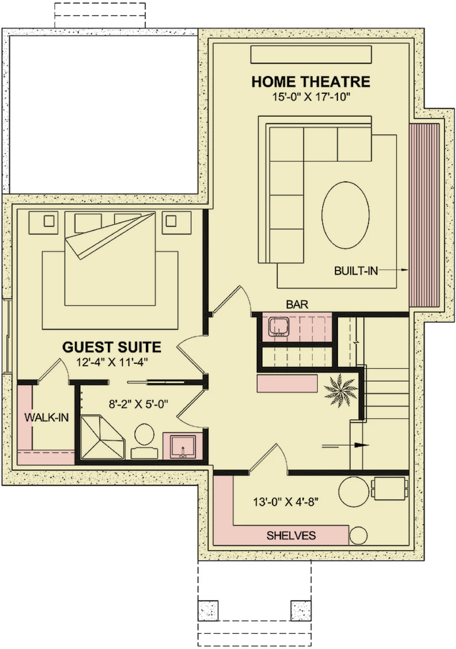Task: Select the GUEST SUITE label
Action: point(112,347)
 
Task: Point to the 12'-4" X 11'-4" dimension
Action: point(112,362)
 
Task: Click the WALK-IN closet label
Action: point(46,417)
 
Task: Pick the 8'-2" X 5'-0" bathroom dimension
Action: point(138,404)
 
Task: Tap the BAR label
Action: point(297,304)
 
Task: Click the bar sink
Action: point(279,327)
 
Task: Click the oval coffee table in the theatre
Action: point(345,215)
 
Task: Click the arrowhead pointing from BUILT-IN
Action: point(405,270)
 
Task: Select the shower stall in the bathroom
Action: point(103,437)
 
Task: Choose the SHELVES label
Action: point(291,536)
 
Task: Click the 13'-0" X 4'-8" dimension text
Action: point(286,502)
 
